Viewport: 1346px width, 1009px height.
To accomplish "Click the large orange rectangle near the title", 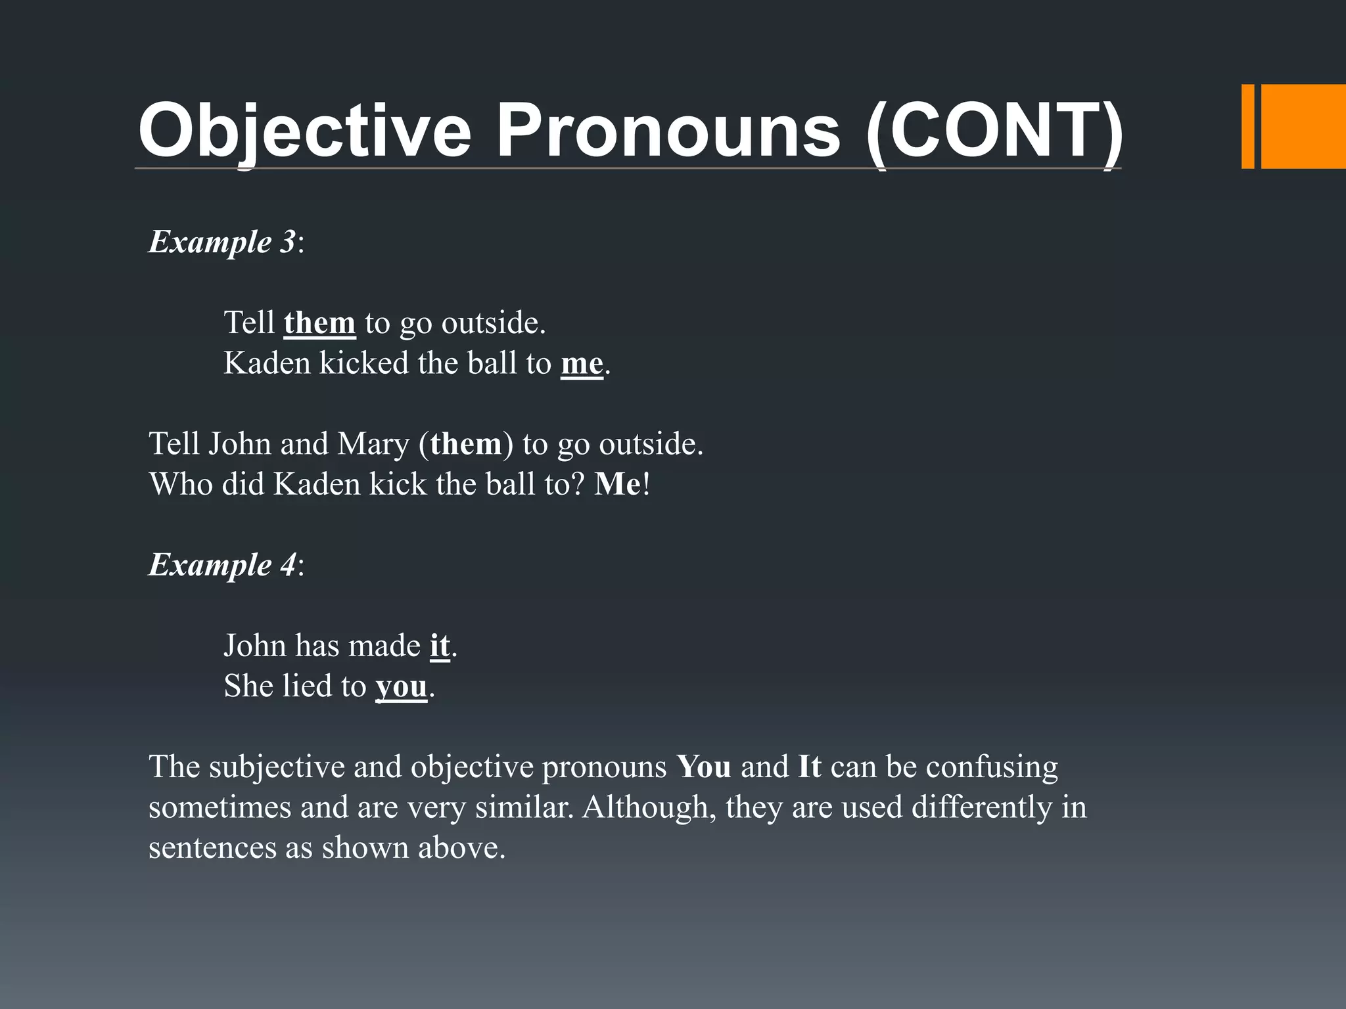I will (x=1303, y=126).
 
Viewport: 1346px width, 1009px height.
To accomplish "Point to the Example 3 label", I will (x=223, y=242).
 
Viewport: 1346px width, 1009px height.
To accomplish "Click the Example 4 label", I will (x=223, y=564).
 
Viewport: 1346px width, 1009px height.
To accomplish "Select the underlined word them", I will (x=319, y=323).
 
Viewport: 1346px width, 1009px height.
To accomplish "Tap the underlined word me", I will (x=582, y=363).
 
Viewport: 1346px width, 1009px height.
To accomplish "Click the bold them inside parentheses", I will (x=465, y=443).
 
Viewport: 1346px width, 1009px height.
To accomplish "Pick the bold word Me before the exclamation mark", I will (x=617, y=484).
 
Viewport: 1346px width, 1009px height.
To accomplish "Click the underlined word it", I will (x=440, y=645).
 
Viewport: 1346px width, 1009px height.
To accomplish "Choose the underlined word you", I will (x=402, y=686).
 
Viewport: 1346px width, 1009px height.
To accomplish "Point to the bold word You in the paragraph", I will (x=704, y=767).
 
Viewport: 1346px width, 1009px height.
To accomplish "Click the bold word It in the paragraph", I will (x=810, y=767).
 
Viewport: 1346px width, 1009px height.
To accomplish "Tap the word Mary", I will (x=373, y=443).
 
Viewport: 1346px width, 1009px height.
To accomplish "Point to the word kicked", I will (x=363, y=363).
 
